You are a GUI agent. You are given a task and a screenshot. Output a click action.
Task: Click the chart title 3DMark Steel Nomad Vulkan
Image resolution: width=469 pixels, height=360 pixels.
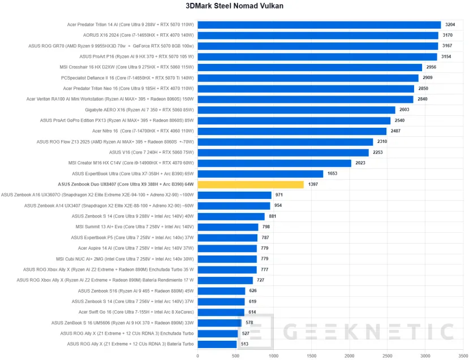[x=234, y=6]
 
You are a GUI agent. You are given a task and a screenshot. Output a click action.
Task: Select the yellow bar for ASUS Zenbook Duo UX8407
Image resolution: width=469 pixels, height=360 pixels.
[x=251, y=184]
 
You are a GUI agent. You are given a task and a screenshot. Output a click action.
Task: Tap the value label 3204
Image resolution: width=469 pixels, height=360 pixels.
[x=450, y=25]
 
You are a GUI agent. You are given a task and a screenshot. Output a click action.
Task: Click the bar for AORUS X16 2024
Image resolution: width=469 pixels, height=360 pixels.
[x=317, y=36]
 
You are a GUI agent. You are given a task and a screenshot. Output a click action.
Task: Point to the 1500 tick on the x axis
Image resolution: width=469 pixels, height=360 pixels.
[x=311, y=356]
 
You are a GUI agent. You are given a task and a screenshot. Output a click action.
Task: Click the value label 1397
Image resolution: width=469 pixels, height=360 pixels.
[x=313, y=184]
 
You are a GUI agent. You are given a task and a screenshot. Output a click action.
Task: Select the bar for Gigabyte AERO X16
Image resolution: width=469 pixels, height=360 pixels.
[x=296, y=110]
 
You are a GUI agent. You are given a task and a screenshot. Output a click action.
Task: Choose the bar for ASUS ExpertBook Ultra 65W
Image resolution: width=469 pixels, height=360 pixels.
[x=260, y=174]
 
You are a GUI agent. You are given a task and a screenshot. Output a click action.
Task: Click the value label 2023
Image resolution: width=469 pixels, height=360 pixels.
[x=361, y=163]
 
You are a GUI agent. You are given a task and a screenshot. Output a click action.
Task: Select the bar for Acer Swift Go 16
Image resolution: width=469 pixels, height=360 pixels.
[x=221, y=312]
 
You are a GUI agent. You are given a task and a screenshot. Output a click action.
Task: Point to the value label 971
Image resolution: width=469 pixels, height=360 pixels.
[x=279, y=195]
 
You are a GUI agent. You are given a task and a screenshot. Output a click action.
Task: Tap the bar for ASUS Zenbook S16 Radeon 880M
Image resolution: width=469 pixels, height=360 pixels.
[x=221, y=290]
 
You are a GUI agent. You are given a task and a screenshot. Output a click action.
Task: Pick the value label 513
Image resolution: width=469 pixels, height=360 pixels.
[x=244, y=344]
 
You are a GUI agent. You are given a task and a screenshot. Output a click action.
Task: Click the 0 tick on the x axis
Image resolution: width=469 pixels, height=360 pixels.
[x=197, y=356]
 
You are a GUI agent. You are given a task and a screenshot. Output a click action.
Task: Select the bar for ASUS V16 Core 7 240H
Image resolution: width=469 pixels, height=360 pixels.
[x=283, y=152]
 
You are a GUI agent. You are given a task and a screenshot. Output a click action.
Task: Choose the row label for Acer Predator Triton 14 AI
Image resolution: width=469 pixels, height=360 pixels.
[x=131, y=25]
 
